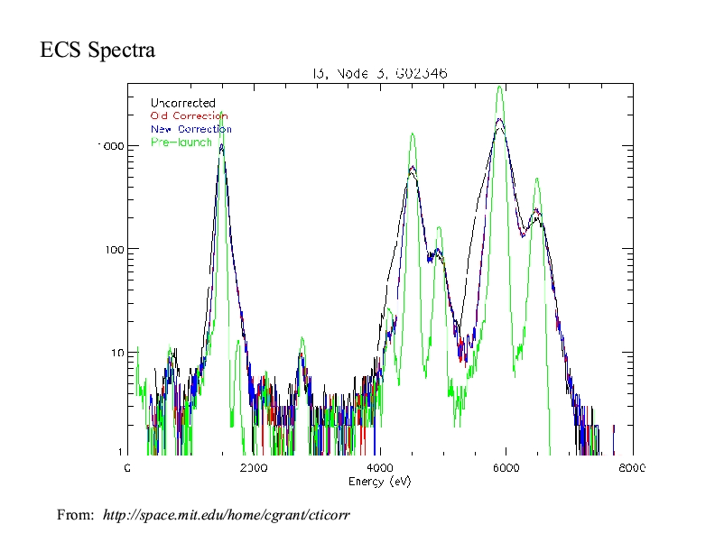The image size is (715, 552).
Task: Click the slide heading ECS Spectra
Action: tap(97, 51)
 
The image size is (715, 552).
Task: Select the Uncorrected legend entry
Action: tap(182, 104)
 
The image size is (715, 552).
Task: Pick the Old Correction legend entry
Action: tap(189, 116)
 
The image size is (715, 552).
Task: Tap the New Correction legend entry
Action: tap(190, 129)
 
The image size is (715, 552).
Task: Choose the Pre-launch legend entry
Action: tap(181, 143)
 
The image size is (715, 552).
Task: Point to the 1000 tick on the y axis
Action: tap(111, 146)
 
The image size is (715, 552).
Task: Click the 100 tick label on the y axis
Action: tap(115, 249)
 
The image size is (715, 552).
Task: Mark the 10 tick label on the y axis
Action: tap(117, 352)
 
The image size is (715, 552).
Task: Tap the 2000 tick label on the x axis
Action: tap(253, 468)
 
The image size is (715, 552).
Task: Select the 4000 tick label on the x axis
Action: tap(379, 468)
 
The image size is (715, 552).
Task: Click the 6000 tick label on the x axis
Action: tap(506, 468)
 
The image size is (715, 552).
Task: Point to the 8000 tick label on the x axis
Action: tap(632, 468)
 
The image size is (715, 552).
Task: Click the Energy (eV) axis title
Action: tap(379, 481)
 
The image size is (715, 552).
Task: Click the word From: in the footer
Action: tap(75, 515)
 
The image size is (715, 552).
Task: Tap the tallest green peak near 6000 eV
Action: tap(499, 87)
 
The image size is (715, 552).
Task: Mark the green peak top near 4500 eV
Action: tap(412, 134)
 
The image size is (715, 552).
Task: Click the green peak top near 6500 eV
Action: tap(536, 179)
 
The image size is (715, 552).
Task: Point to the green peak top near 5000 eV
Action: tap(439, 228)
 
